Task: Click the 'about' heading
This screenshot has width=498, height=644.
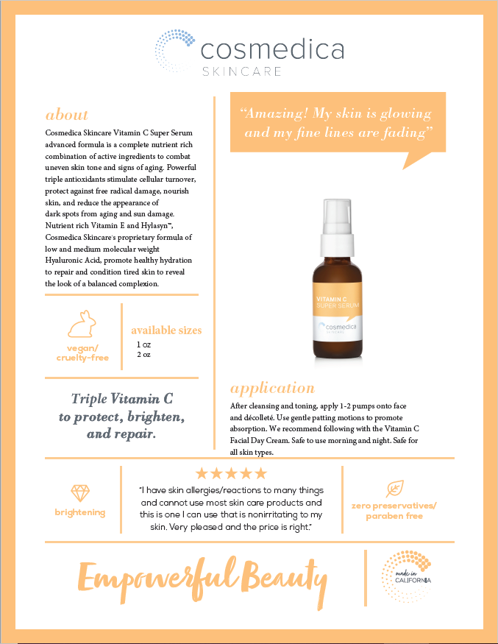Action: coord(66,115)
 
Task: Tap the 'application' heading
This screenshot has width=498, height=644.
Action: coord(273,389)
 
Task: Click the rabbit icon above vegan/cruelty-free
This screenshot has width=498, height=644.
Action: coord(82,324)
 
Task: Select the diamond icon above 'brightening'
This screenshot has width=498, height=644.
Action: coord(80,493)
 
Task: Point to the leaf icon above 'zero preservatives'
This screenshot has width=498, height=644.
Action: coord(395,489)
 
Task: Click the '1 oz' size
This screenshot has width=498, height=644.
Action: coord(143,344)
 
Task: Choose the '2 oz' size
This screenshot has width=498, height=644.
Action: coord(143,355)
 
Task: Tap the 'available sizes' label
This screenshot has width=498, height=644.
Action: coord(166,330)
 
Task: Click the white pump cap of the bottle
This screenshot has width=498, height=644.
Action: coord(337,228)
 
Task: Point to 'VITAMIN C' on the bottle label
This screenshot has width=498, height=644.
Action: coord(331,299)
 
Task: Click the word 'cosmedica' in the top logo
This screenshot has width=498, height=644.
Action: coord(272,49)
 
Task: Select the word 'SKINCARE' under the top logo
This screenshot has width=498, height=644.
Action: coord(242,71)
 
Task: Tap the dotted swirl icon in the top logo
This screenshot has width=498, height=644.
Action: coord(174,51)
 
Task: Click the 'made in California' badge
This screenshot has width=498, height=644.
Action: coord(406,576)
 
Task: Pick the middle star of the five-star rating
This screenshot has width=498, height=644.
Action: coord(231,473)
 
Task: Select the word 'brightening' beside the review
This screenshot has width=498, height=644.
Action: coord(80,512)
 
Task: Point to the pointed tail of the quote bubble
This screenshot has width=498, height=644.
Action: coord(404,169)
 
